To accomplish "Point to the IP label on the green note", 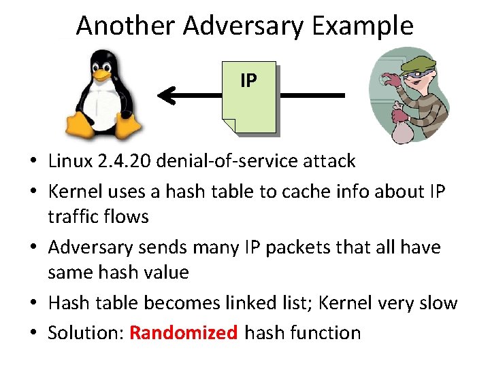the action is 248,81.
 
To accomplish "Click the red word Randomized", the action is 184,333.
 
